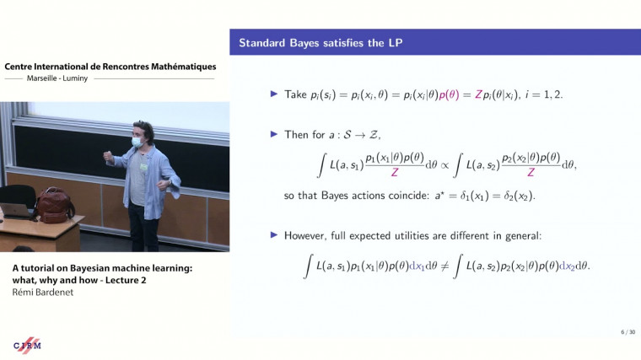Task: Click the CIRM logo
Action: [x=28, y=346]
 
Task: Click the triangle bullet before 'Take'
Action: [x=273, y=94]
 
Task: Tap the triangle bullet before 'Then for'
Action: [x=273, y=133]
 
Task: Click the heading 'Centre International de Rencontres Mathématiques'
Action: [x=110, y=67]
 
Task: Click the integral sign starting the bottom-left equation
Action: [x=309, y=266]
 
